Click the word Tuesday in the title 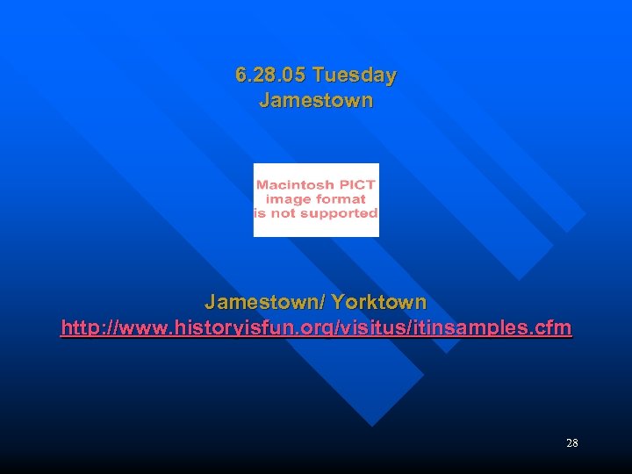[355, 76]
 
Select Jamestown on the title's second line [316, 101]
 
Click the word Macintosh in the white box [295, 185]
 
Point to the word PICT [355, 185]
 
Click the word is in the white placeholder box [260, 213]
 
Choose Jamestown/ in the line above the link [264, 303]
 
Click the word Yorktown [379, 303]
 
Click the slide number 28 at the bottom [572, 443]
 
